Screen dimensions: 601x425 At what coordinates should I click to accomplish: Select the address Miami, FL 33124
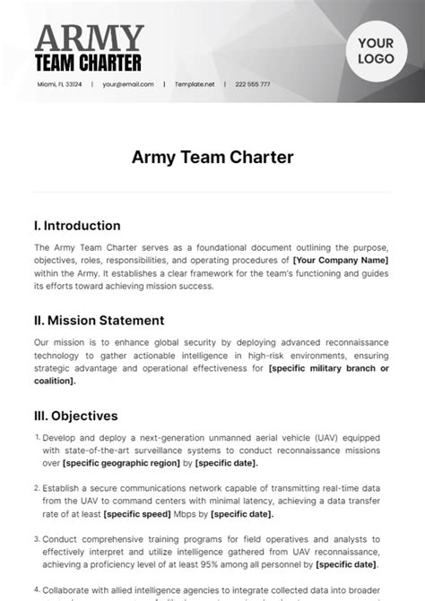(59, 84)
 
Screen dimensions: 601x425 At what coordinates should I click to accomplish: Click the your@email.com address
(128, 84)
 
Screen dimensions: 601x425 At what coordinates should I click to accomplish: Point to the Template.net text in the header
(195, 84)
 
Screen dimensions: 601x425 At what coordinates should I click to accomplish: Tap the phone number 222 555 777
(253, 84)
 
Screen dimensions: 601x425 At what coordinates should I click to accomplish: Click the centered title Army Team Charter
(212, 157)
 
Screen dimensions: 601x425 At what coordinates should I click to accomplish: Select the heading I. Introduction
(76, 226)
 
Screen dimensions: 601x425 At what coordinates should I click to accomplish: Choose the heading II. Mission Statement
(99, 320)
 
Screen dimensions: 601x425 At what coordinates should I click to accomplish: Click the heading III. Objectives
(75, 416)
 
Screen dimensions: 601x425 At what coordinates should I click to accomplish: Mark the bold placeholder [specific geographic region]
(117, 463)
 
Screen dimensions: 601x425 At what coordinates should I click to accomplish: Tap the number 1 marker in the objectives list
(38, 437)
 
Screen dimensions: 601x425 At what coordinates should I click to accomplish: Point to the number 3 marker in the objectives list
(38, 539)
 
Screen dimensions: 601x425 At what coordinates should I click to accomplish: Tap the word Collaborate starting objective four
(71, 591)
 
